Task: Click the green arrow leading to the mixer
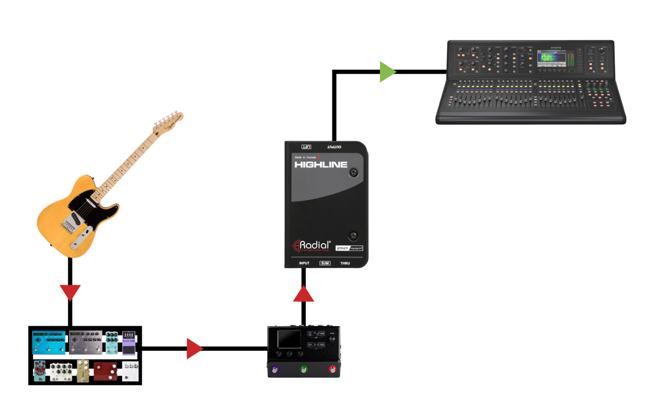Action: click(x=387, y=71)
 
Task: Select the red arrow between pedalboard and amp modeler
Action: click(x=194, y=348)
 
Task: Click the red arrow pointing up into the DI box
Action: click(x=304, y=294)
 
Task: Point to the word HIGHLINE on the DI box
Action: click(x=320, y=164)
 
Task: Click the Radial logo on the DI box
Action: click(x=312, y=246)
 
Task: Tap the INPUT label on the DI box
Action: click(x=304, y=263)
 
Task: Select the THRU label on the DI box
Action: click(x=345, y=263)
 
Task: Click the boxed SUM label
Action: click(x=325, y=263)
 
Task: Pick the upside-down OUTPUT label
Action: click(x=334, y=147)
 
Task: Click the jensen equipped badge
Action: click(x=349, y=248)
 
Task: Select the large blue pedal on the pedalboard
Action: click(x=49, y=342)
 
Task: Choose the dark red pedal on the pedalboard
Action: click(x=106, y=371)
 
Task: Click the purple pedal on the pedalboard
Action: click(x=129, y=342)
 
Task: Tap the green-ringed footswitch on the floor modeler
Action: click(x=304, y=370)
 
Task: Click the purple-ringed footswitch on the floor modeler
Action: click(x=275, y=370)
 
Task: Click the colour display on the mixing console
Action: click(x=555, y=58)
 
